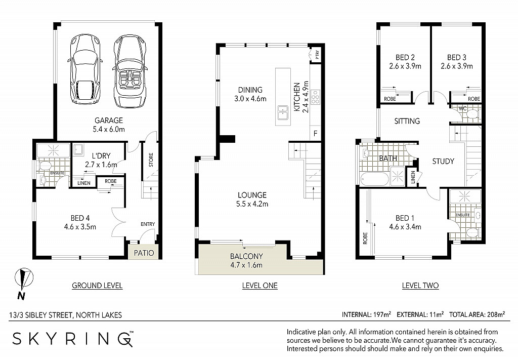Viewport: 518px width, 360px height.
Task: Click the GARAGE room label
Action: pyautogui.click(x=109, y=121)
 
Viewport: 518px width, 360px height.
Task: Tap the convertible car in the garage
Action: pyautogui.click(x=129, y=71)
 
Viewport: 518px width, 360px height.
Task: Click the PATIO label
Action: pyautogui.click(x=144, y=253)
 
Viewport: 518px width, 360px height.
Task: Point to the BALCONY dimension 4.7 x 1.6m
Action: pyautogui.click(x=246, y=265)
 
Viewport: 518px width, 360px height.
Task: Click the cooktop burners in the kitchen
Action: pyautogui.click(x=315, y=97)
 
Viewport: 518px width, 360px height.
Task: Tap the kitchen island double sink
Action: pyautogui.click(x=283, y=112)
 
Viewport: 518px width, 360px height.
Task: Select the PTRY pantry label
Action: pyautogui.click(x=317, y=55)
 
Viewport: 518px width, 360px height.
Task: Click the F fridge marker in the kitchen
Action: pyautogui.click(x=315, y=134)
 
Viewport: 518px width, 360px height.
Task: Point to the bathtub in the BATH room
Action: pyautogui.click(x=375, y=179)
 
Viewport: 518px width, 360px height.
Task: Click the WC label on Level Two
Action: pyautogui.click(x=462, y=108)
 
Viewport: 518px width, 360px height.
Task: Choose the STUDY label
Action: pyautogui.click(x=443, y=162)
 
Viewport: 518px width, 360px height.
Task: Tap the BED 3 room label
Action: pyautogui.click(x=457, y=58)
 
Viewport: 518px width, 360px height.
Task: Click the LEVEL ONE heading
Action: pyautogui.click(x=260, y=286)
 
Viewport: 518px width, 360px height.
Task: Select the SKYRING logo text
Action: pyautogui.click(x=73, y=339)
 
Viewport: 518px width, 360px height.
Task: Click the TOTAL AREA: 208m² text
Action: pyautogui.click(x=477, y=314)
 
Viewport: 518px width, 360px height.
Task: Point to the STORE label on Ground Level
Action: pyautogui.click(x=151, y=159)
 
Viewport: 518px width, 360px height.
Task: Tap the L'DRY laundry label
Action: pyautogui.click(x=101, y=156)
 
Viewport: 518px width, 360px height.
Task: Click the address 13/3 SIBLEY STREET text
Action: pyautogui.click(x=40, y=315)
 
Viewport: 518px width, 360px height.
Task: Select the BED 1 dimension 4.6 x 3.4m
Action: pyautogui.click(x=405, y=227)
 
